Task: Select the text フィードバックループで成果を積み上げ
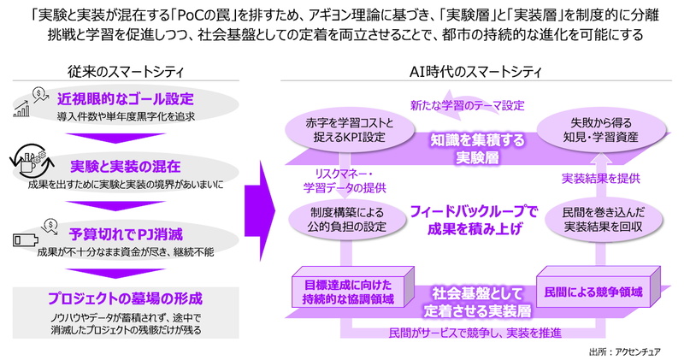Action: tap(465, 218)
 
